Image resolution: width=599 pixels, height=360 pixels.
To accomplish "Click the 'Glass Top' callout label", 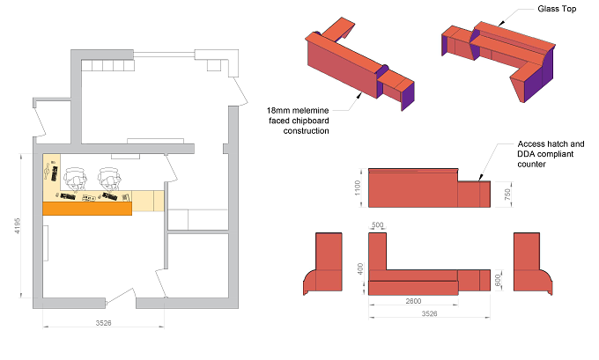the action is [557, 9].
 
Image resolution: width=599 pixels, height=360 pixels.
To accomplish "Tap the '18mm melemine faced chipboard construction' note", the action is [298, 121].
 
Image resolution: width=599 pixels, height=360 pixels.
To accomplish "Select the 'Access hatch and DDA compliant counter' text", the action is [551, 154].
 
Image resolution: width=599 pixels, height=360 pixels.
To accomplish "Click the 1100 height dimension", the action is [358, 187].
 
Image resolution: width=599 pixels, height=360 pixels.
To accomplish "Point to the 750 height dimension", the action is [507, 195].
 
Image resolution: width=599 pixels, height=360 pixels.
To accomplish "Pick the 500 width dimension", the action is [377, 224].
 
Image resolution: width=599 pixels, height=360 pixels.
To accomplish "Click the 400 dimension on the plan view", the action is [360, 269].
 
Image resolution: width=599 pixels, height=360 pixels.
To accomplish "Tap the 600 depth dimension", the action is [498, 280].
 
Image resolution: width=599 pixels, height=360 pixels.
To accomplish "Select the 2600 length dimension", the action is [413, 301].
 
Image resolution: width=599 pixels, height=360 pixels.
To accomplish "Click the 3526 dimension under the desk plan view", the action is [429, 313].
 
